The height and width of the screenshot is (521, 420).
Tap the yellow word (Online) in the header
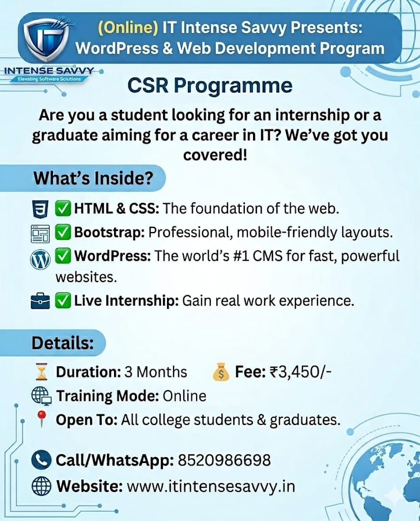(x=128, y=27)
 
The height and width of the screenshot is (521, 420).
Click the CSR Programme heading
(x=210, y=86)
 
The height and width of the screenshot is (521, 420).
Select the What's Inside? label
(x=94, y=178)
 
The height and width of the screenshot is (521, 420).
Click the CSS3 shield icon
(x=40, y=209)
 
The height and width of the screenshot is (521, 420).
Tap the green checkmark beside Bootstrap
(x=63, y=232)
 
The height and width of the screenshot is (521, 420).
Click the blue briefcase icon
(x=40, y=301)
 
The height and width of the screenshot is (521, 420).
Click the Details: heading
(x=63, y=343)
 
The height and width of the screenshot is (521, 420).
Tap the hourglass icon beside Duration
(x=42, y=372)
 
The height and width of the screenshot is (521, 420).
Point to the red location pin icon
(x=41, y=419)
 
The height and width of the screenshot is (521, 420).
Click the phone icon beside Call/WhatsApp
(x=41, y=460)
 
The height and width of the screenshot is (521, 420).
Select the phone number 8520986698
(x=224, y=460)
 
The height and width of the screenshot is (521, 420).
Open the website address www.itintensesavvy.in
(x=211, y=486)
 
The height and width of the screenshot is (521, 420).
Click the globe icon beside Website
(x=41, y=486)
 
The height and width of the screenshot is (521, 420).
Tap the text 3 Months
(x=156, y=372)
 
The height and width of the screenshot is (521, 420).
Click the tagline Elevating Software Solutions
(x=49, y=79)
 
